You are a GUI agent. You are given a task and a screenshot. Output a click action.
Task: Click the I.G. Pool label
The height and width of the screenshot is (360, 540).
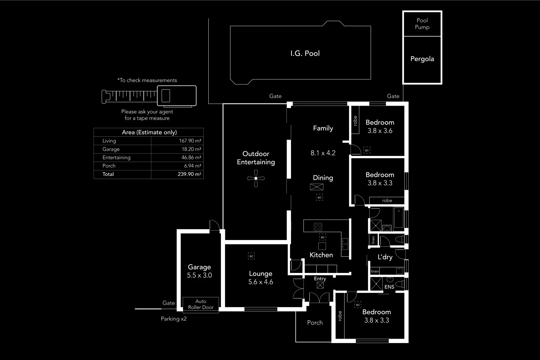305,53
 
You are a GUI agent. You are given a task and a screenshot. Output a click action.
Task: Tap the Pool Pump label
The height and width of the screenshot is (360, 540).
422,24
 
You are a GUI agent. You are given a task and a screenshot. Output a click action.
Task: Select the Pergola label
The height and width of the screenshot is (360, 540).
422,59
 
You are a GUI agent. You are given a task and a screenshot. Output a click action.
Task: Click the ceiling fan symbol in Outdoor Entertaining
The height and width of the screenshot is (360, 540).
256,178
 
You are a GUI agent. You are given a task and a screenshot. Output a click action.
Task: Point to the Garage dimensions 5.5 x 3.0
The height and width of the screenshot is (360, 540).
199,275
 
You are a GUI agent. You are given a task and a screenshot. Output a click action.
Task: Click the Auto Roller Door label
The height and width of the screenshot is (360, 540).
201,304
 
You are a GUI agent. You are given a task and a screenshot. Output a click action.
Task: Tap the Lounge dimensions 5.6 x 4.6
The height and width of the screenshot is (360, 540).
261,282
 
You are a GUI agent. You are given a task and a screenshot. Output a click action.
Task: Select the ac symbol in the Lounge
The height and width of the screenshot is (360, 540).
251,256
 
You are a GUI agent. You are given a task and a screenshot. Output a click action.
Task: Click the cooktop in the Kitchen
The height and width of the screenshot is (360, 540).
318,227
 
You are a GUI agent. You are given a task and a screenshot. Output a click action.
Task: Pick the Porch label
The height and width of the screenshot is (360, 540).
315,323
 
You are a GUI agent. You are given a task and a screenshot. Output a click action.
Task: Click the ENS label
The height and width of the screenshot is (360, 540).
389,287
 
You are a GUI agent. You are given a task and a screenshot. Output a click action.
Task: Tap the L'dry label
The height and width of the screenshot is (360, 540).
385,257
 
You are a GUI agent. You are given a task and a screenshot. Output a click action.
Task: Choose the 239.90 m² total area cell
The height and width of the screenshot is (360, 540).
189,174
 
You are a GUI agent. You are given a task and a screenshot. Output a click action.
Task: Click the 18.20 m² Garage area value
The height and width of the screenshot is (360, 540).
191,149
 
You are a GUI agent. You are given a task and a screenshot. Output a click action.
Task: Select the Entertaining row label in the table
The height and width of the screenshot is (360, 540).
116,158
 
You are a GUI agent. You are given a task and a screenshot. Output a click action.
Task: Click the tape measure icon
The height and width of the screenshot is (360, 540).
149,96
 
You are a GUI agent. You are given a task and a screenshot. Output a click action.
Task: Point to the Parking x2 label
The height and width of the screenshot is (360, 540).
174,319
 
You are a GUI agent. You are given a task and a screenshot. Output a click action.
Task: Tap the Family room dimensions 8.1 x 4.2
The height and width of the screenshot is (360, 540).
323,153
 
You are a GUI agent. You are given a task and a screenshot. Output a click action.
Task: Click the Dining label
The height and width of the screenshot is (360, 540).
323,178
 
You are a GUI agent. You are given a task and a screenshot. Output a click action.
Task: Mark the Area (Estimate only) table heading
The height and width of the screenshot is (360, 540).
149,132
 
